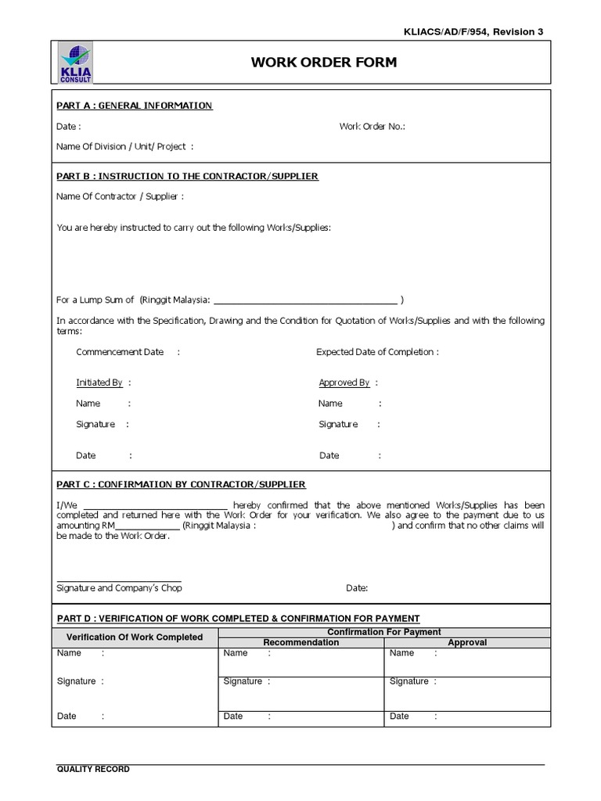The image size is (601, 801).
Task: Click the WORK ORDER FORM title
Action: click(324, 63)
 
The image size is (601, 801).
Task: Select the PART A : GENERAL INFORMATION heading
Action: click(134, 106)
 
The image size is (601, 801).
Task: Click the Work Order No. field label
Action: click(372, 126)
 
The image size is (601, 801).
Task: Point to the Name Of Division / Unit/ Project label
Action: click(124, 145)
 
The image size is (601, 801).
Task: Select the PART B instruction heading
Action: click(187, 176)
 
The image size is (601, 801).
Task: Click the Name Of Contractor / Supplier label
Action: click(120, 196)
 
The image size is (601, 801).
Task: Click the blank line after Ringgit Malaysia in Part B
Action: click(304, 300)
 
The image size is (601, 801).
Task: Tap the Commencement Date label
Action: click(120, 352)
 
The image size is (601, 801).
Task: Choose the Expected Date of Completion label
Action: click(376, 352)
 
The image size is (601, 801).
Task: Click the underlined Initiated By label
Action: click(99, 383)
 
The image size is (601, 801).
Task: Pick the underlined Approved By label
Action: click(344, 383)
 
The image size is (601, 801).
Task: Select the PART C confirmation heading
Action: click(181, 484)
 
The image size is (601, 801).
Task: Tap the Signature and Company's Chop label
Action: click(120, 587)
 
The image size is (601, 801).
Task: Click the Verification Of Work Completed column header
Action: click(135, 637)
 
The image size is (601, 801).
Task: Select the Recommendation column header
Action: click(301, 642)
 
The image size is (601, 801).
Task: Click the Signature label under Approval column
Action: click(409, 681)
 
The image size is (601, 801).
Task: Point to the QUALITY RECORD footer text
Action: click(93, 769)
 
